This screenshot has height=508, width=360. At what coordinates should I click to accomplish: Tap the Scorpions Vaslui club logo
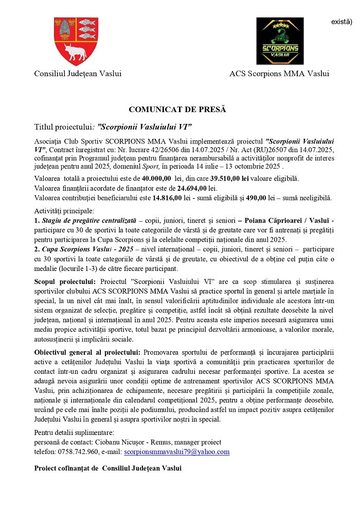point(280,41)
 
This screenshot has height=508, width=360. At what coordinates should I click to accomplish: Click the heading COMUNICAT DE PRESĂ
point(177,110)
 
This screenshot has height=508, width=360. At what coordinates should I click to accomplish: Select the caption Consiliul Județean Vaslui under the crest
point(75,74)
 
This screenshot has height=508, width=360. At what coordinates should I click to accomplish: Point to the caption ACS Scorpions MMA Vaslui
point(279,74)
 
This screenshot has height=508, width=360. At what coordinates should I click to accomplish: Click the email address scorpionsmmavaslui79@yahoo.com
point(177,452)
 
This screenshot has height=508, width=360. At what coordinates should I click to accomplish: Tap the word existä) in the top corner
point(341,22)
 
